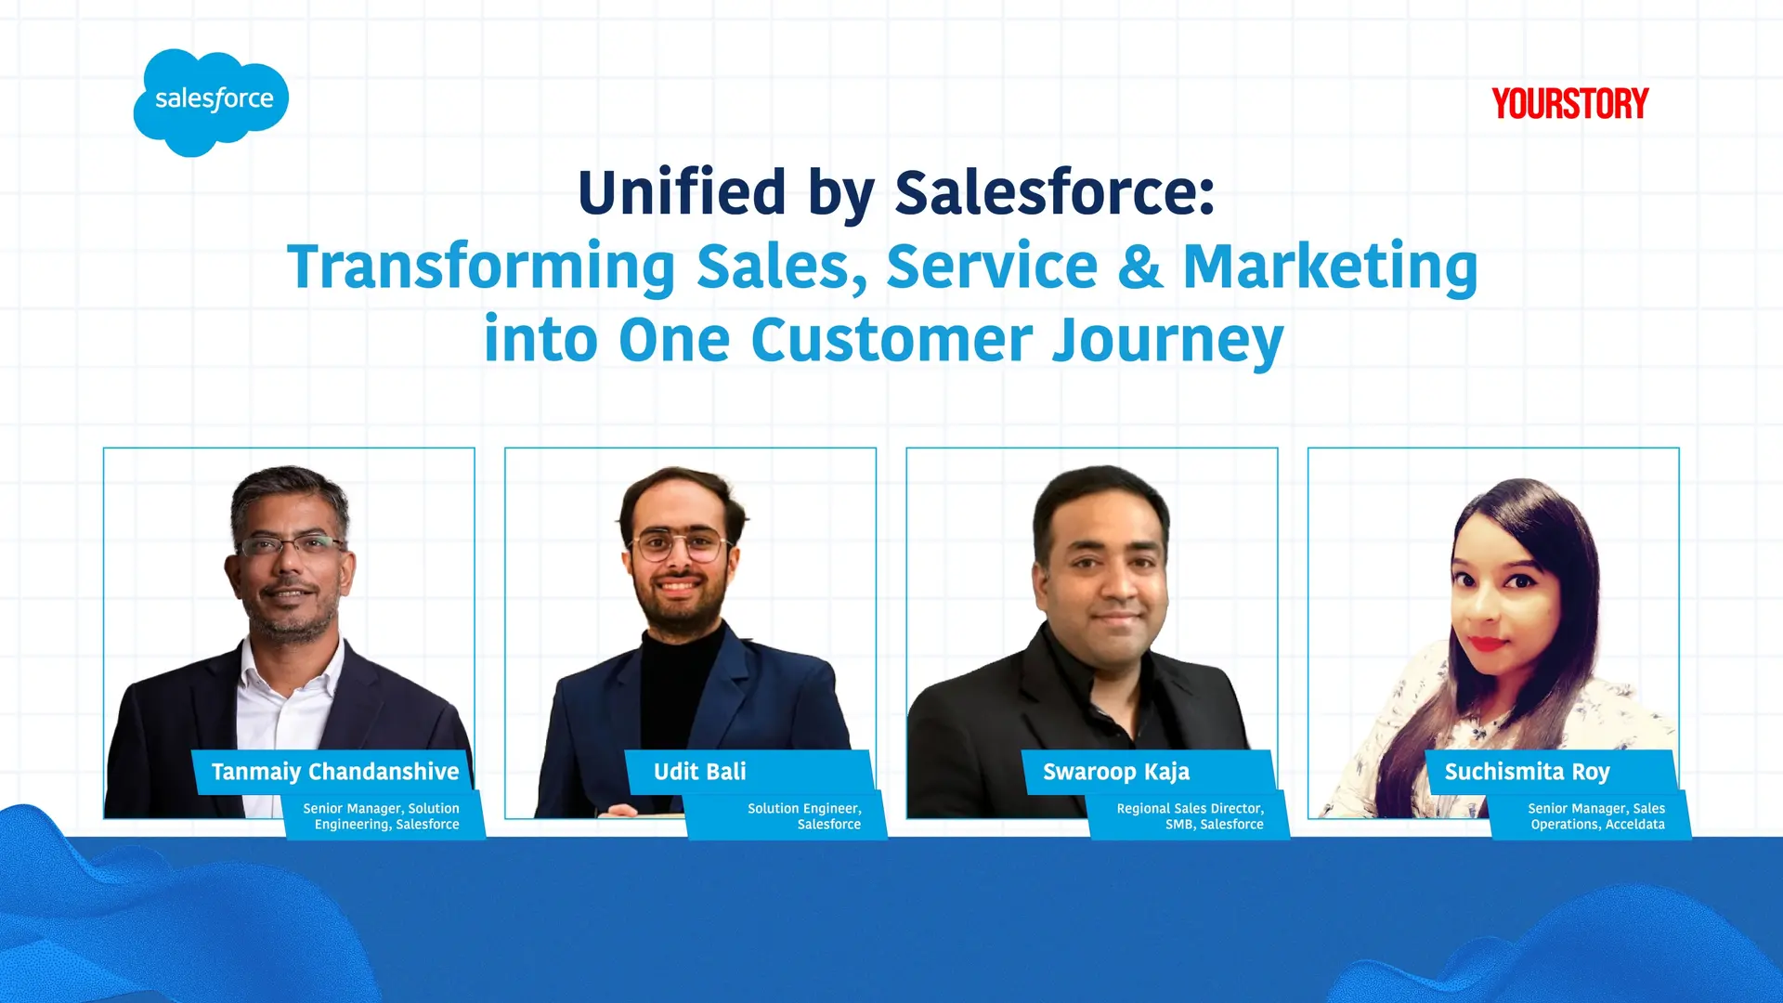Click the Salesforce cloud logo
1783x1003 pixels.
coord(211,100)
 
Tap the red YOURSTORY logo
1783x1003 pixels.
coord(1569,104)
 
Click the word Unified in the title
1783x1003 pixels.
coord(682,193)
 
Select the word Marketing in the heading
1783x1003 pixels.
coord(1329,267)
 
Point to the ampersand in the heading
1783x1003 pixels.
coord(1139,267)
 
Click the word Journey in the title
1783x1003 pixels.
coord(1167,341)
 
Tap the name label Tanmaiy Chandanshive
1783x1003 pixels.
coord(334,772)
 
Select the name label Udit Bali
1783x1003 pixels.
coord(699,772)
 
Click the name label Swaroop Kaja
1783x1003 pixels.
coord(1115,772)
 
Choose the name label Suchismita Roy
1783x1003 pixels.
coord(1527,772)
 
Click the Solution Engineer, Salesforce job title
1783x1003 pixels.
coord(804,816)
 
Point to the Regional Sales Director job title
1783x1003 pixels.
coord(1190,809)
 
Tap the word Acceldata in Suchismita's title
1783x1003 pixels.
coord(1634,825)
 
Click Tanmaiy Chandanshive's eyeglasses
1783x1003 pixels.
coord(290,545)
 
